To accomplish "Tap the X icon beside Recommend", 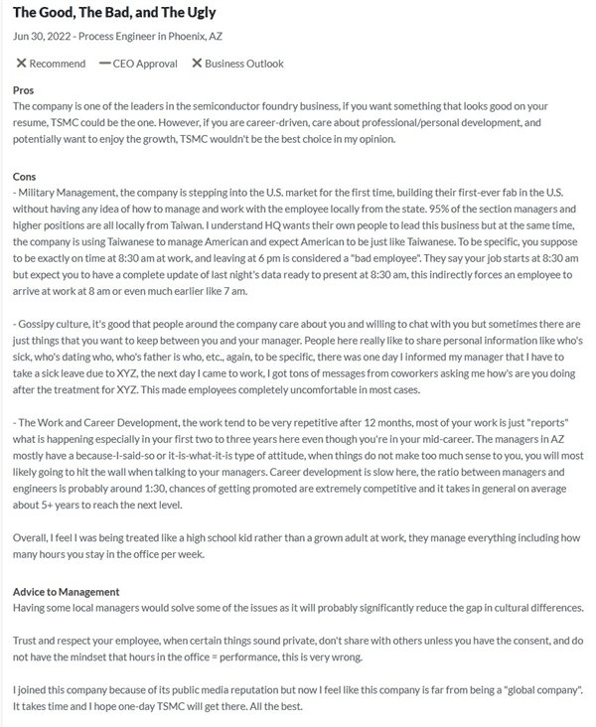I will [x=20, y=64].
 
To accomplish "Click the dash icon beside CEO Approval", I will [x=105, y=64].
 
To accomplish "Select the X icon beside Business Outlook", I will [x=197, y=64].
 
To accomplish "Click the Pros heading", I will [x=23, y=90].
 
